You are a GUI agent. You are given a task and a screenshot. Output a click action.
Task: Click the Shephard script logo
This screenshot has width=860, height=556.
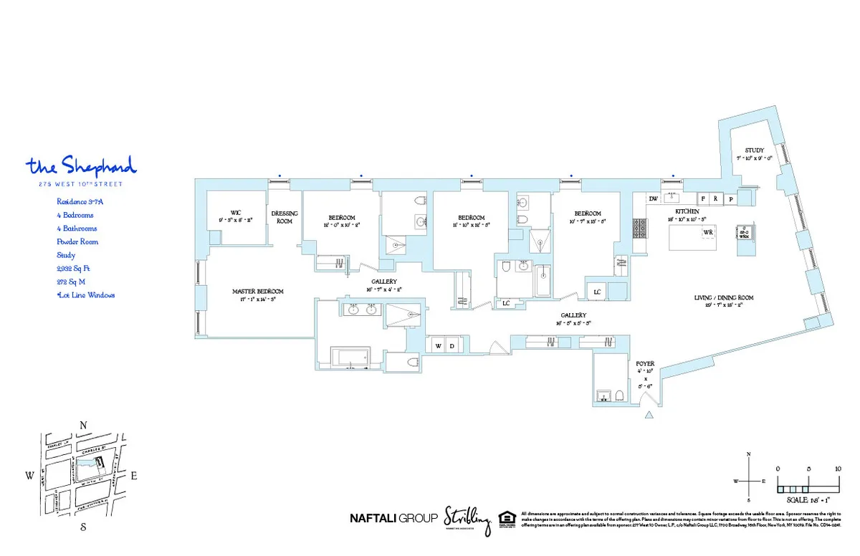click(x=81, y=166)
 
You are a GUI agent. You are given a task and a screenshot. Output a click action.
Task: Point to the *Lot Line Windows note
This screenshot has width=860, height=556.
click(x=85, y=294)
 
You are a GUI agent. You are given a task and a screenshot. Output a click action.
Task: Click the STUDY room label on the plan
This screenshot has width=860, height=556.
click(x=754, y=150)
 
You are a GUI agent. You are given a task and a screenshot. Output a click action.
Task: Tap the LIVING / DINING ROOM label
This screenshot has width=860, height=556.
click(x=723, y=297)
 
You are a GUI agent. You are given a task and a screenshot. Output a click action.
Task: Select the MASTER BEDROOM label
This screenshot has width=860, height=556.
click(x=257, y=292)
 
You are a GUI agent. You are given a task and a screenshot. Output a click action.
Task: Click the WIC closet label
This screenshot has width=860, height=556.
click(x=235, y=212)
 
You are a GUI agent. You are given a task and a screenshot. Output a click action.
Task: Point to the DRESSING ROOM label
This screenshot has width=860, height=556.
click(x=285, y=217)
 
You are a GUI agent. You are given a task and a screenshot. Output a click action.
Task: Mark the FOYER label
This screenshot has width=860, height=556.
click(x=645, y=363)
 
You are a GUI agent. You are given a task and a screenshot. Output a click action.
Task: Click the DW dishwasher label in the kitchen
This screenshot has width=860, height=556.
click(x=653, y=198)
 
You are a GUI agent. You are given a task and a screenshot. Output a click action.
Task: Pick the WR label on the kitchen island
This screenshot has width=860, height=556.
click(x=707, y=233)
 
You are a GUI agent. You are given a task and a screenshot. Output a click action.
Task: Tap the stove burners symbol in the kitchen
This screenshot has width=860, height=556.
click(x=638, y=228)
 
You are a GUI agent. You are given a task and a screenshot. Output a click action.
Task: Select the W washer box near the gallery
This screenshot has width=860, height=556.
click(x=438, y=346)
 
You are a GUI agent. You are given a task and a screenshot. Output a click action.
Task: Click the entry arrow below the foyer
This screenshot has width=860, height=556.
click(x=649, y=415)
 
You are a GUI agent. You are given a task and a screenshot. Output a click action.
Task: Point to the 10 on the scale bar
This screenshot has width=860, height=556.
click(x=838, y=469)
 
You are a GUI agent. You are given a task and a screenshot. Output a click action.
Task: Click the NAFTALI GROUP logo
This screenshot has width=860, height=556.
click(x=392, y=518)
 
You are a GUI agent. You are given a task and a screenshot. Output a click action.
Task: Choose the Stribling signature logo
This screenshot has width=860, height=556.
click(x=467, y=517)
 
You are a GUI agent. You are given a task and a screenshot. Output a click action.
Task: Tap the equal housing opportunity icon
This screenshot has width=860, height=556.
click(x=506, y=518)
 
